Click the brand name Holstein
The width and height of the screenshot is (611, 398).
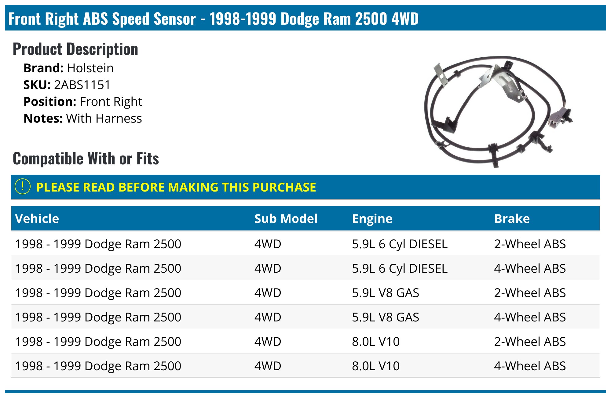pyautogui.click(x=90, y=68)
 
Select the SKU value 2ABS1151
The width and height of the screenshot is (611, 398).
pyautogui.click(x=82, y=85)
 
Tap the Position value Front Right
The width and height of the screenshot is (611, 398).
pyautogui.click(x=111, y=102)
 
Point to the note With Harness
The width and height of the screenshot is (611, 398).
pyautogui.click(x=104, y=118)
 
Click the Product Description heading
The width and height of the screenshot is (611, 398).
pyautogui.click(x=75, y=49)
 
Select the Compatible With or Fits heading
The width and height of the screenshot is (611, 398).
pyautogui.click(x=86, y=159)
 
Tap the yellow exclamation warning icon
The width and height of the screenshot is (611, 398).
pyautogui.click(x=23, y=186)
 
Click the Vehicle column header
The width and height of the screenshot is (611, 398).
pyautogui.click(x=37, y=219)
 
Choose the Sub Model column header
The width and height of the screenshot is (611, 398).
pyautogui.click(x=286, y=219)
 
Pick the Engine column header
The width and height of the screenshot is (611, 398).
pyautogui.click(x=372, y=219)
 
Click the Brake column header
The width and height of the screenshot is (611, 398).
pyautogui.click(x=512, y=219)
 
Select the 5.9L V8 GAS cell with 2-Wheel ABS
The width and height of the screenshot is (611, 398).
pyautogui.click(x=386, y=293)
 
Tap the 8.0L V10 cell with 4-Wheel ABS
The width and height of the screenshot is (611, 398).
pyautogui.click(x=376, y=366)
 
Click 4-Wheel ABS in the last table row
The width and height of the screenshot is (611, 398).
pyautogui.click(x=530, y=366)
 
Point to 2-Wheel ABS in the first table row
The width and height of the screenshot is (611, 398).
pyautogui.click(x=530, y=244)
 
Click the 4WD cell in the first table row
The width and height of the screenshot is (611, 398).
pyautogui.click(x=268, y=244)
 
